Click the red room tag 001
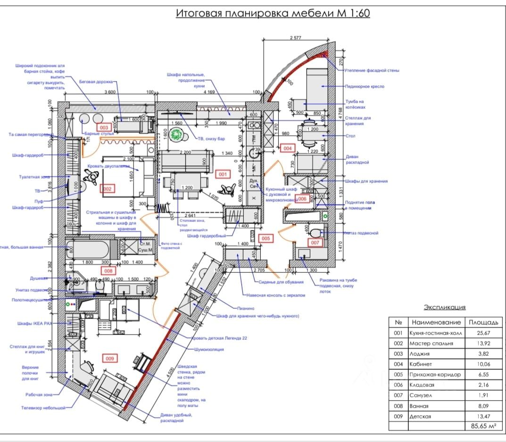pos(223,174)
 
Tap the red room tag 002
pos(107,189)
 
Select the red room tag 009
pos(109,359)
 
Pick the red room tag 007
pos(315,243)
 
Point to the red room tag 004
pos(287,148)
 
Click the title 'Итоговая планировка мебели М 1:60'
pos(273,13)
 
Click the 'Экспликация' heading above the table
pos(444,307)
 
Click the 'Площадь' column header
pos(482,322)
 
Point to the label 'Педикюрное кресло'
pos(365,87)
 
